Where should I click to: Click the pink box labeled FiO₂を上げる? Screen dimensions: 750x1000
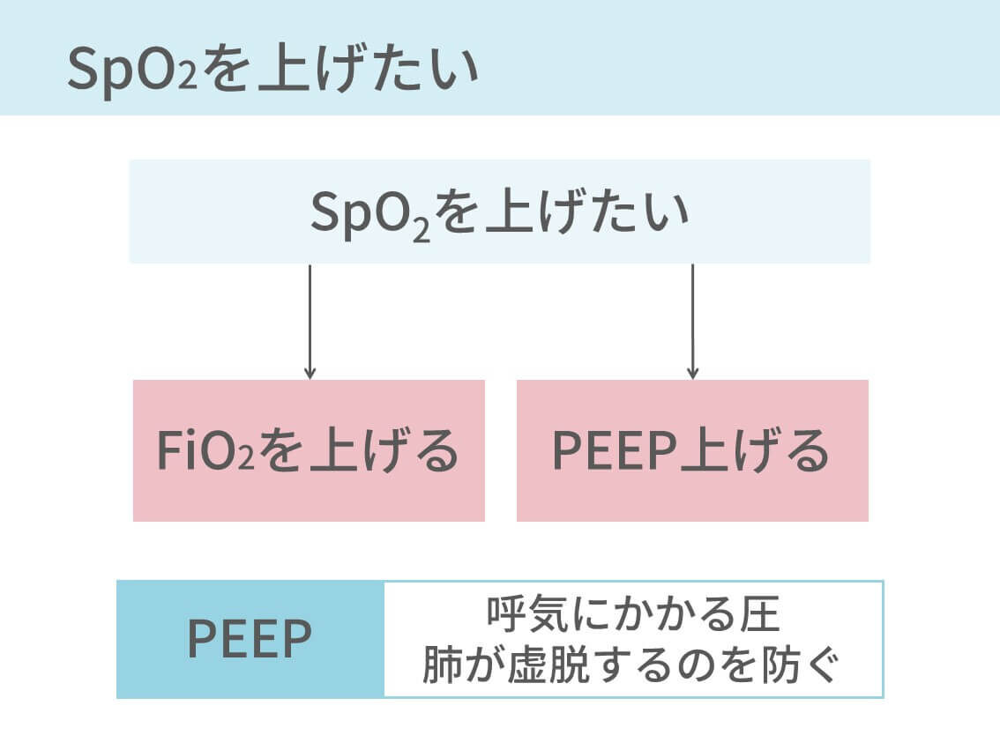pyautogui.click(x=309, y=450)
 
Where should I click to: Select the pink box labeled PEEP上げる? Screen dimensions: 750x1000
pyautogui.click(x=692, y=450)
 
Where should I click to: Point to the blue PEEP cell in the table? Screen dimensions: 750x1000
pyautogui.click(x=250, y=640)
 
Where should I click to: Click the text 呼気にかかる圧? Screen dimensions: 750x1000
pyautogui.click(x=633, y=615)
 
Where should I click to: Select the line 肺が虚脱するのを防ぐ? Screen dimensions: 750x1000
pyautogui.click(x=633, y=666)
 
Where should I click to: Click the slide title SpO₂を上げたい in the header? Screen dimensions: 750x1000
pyautogui.click(x=273, y=71)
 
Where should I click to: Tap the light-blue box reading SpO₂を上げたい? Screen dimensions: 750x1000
pyautogui.click(x=499, y=212)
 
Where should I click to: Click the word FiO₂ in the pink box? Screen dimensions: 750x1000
pyautogui.click(x=205, y=451)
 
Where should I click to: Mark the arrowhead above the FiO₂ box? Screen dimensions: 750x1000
pyautogui.click(x=310, y=373)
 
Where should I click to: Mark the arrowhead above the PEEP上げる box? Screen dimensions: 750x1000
pyautogui.click(x=692, y=373)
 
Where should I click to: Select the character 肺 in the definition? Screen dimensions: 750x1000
pyautogui.click(x=441, y=667)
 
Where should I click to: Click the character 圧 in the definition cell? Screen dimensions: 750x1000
pyautogui.click(x=761, y=615)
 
